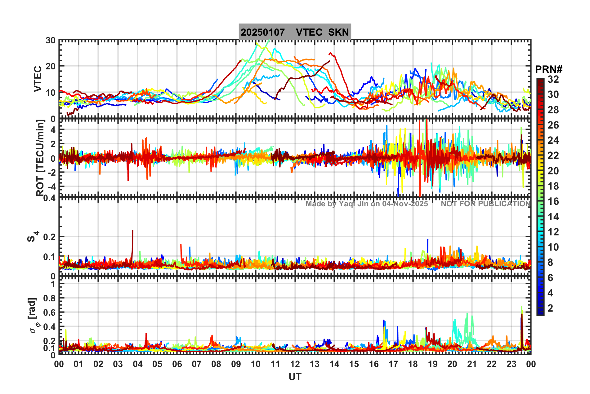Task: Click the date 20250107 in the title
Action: [262, 32]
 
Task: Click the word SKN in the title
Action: [338, 32]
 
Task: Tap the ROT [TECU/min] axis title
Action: [40, 158]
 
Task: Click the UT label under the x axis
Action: [295, 377]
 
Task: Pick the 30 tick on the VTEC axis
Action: [51, 41]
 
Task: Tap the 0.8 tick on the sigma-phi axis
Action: [49, 298]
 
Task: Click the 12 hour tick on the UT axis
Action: [295, 364]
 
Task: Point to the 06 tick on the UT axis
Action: [177, 364]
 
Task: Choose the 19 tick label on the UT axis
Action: [432, 364]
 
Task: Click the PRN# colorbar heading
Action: [549, 69]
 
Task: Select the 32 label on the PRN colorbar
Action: [553, 79]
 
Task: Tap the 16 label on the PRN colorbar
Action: [553, 201]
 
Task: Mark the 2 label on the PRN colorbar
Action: [550, 308]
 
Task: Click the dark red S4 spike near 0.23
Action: [133, 231]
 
